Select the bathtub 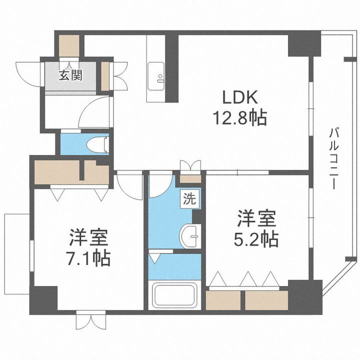click(x=175, y=296)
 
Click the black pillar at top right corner click(x=304, y=44)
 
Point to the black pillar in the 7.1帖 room click(x=45, y=299)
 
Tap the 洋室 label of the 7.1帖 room click(x=89, y=235)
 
